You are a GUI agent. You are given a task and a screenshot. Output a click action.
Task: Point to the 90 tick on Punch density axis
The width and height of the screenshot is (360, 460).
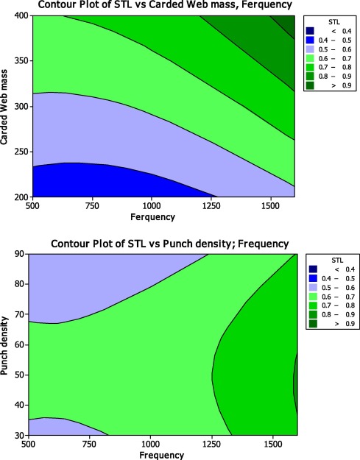[x=24, y=254]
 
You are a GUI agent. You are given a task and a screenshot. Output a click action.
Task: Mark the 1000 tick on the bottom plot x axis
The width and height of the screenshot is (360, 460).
[x=151, y=445]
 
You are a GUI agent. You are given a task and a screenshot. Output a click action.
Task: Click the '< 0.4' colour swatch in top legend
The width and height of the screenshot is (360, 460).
[x=310, y=30]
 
